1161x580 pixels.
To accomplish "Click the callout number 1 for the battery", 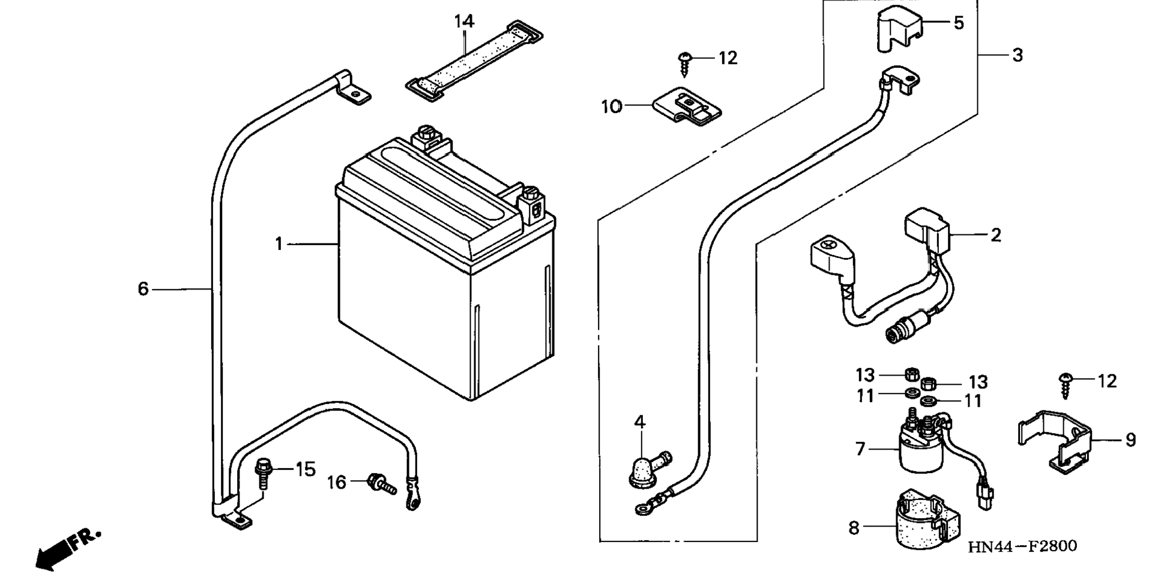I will (x=279, y=244).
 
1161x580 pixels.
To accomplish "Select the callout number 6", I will (x=143, y=289).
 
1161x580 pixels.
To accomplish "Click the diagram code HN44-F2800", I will (x=1022, y=546).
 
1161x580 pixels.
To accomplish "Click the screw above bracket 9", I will (x=1065, y=385).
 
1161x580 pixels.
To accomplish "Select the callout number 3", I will (x=1018, y=55).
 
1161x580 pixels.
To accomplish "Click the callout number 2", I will (x=996, y=235).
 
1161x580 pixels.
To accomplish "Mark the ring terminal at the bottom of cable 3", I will (x=644, y=508).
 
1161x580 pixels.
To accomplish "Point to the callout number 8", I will (x=854, y=528).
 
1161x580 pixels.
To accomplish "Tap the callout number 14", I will (x=464, y=22).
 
